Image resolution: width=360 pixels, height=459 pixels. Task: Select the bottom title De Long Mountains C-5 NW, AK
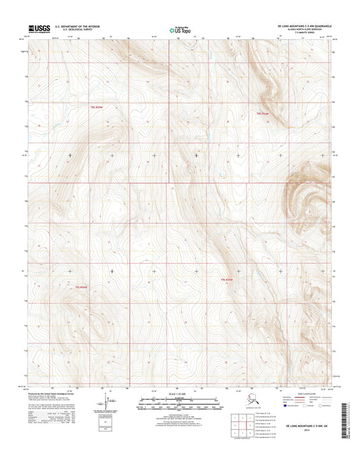[304, 444]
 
